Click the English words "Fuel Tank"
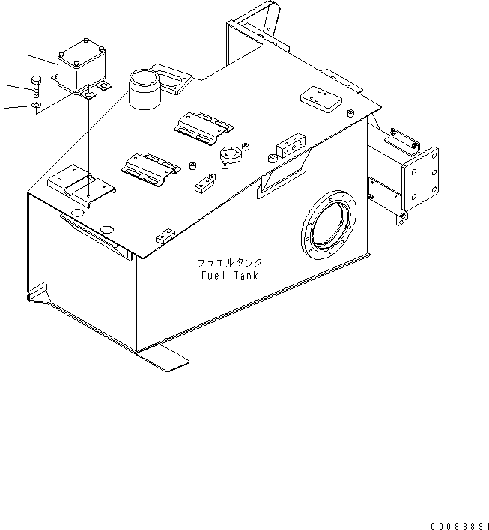(229, 275)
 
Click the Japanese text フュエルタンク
(229, 264)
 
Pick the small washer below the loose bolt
(37, 106)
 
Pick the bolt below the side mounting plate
(402, 216)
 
